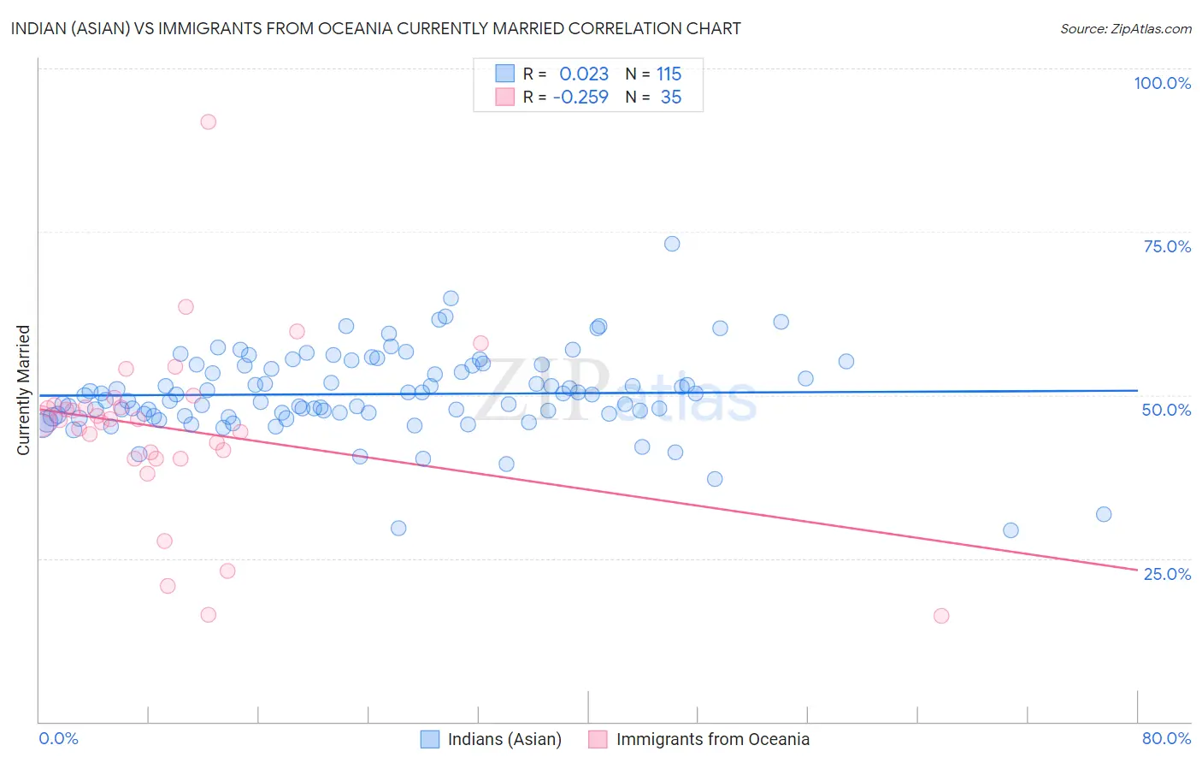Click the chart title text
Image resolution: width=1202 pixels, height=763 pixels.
376,28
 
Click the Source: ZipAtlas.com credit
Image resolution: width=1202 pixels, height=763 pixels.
1125,28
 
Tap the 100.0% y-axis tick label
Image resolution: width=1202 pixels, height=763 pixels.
1162,83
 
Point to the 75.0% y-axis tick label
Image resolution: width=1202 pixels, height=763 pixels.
1167,246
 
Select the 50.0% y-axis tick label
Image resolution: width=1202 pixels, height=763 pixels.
1166,410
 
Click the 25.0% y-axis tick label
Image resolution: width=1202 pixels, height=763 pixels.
1167,573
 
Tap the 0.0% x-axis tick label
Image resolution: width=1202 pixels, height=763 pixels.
58,738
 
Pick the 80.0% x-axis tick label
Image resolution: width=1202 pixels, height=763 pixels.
1166,738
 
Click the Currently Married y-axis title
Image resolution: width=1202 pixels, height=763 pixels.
23,390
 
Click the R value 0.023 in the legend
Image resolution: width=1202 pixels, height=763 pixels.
584,74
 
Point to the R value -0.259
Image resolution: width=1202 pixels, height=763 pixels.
580,98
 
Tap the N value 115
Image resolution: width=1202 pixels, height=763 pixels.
669,74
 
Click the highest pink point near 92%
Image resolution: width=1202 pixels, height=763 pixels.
208,121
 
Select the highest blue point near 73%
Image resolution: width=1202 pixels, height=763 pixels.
672,244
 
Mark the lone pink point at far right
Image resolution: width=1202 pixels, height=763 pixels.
941,616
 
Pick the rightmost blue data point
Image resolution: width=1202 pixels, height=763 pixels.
1104,514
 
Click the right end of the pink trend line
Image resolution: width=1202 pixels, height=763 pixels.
1137,570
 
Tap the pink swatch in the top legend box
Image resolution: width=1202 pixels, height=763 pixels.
505,97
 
